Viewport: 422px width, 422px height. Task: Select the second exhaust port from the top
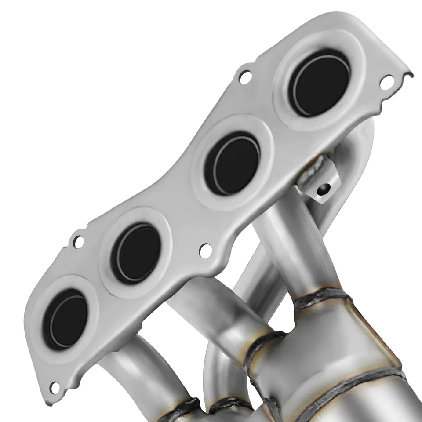coord(232,163)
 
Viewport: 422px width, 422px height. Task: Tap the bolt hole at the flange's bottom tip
coord(55,387)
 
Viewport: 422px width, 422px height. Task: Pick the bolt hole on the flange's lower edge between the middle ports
coord(205,250)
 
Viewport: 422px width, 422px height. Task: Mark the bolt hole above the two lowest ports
coord(78,241)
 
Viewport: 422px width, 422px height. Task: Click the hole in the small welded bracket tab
coord(324,189)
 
